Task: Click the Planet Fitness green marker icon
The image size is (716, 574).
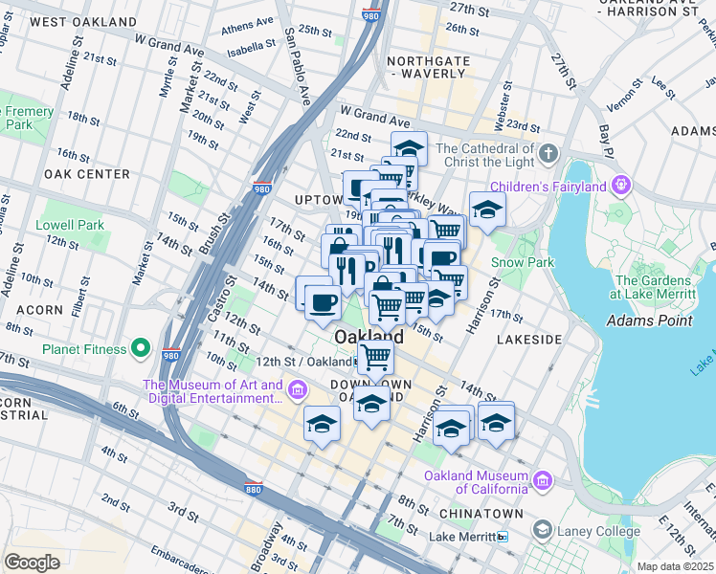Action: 141,347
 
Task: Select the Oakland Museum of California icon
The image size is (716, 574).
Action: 543,479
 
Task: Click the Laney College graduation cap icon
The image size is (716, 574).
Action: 542,531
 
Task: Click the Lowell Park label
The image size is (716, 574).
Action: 69,225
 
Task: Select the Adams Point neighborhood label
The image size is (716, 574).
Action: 649,320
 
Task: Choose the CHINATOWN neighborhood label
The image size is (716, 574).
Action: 481,514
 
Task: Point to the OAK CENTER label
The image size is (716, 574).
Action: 86,174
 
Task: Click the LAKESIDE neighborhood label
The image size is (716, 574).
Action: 529,340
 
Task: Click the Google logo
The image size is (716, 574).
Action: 32,563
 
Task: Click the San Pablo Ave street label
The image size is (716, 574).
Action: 299,67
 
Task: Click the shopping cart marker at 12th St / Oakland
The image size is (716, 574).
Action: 375,358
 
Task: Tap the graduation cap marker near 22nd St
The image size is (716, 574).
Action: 409,148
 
